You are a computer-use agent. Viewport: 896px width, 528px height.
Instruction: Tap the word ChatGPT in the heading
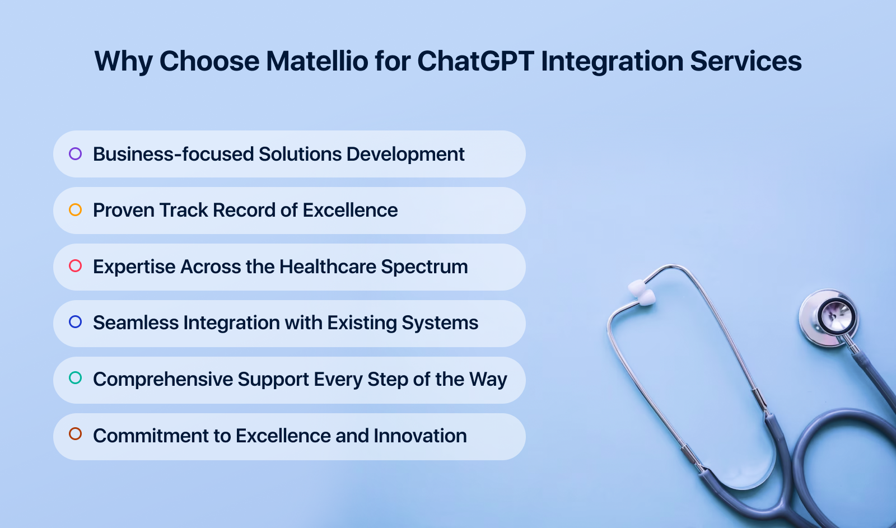[475, 61]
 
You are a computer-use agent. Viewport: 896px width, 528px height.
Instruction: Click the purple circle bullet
[75, 153]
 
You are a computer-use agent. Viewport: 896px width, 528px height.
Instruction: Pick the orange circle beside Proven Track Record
[75, 210]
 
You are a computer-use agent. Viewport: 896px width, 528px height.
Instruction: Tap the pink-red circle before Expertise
[75, 266]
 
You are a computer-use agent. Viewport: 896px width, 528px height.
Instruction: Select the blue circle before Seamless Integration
[75, 322]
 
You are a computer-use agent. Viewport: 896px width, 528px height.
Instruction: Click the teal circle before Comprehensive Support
[75, 378]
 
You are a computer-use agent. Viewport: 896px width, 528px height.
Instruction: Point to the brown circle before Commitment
[75, 434]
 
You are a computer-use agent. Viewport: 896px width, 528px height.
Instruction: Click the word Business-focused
[173, 154]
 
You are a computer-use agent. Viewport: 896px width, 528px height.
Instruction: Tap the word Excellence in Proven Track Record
[350, 211]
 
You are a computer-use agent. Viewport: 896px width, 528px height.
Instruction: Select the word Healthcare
[328, 267]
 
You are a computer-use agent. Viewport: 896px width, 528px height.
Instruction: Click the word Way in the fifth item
[488, 380]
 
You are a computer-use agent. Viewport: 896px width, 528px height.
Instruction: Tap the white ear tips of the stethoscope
[642, 293]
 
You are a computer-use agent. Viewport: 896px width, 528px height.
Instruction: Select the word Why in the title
[123, 61]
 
